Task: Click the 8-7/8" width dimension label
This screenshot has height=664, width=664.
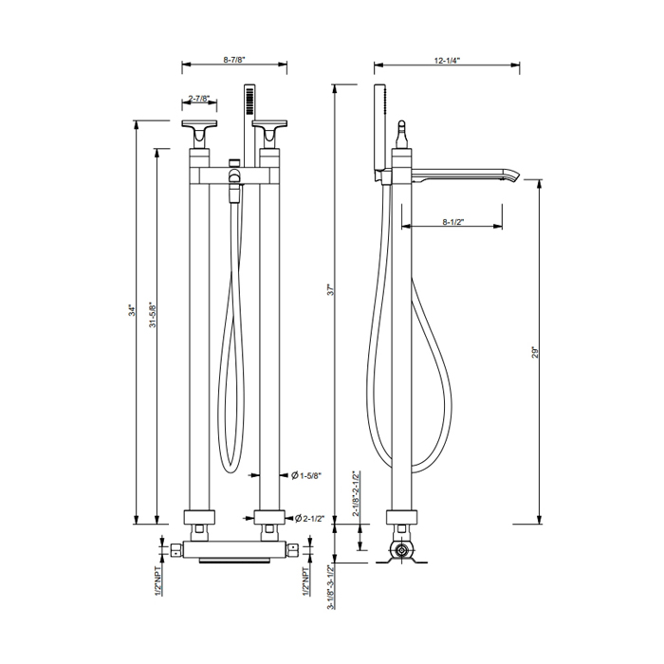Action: [234, 60]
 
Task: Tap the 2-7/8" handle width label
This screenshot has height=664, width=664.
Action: [199, 99]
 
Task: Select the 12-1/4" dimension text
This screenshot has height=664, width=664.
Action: [447, 61]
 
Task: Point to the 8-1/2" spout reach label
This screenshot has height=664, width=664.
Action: [453, 222]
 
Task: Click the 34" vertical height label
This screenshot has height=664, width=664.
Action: [133, 310]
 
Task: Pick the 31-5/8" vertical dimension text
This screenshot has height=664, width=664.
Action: [153, 314]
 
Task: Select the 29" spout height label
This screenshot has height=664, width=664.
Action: [535, 353]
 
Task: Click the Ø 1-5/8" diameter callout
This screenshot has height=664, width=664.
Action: [306, 475]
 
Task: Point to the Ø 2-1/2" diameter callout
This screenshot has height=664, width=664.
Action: [309, 518]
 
